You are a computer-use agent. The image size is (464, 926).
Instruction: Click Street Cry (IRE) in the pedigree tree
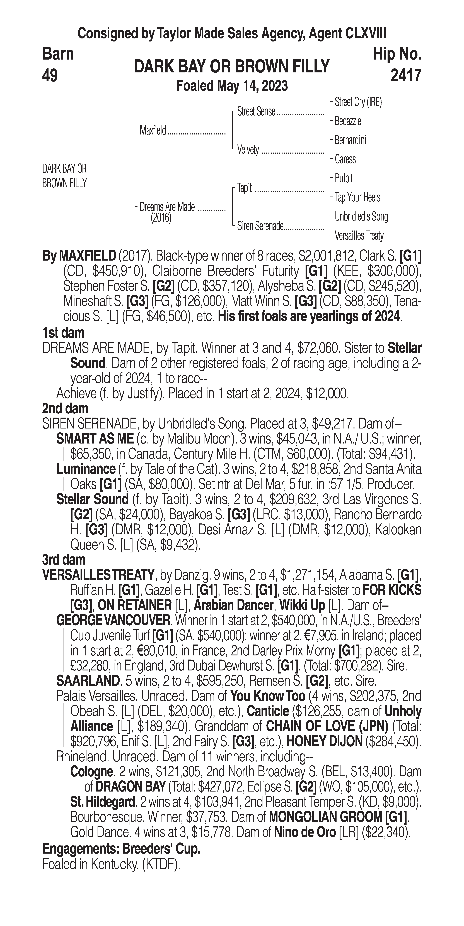[358, 102]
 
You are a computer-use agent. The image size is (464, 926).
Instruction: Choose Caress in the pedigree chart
[345, 159]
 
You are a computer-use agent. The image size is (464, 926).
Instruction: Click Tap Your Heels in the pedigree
[357, 197]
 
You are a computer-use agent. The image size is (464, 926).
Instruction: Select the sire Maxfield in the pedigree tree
[153, 131]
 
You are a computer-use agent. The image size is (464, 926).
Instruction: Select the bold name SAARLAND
[88, 680]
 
